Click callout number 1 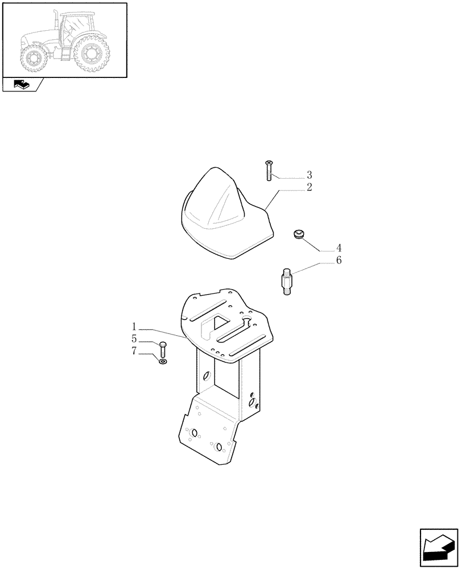tap(134, 327)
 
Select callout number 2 tap(309, 187)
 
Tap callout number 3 tap(309, 174)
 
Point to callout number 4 tap(339, 248)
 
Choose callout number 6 tap(339, 261)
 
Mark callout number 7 tap(134, 352)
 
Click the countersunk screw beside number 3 tap(269, 171)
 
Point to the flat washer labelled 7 tap(163, 361)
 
